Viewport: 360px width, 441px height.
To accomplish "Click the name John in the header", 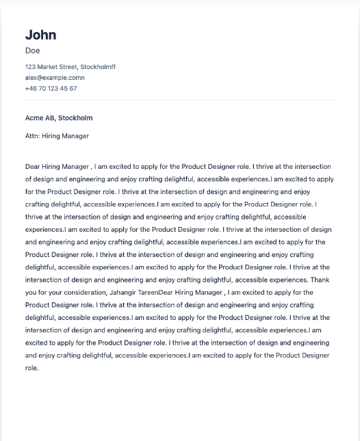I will [x=40, y=35].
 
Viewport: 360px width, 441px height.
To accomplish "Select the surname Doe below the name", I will [x=32, y=51].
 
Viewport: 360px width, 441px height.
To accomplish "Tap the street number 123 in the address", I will [x=30, y=67].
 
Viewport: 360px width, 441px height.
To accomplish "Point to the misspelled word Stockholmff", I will [x=98, y=67].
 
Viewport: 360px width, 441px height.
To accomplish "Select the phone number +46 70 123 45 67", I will [x=51, y=89].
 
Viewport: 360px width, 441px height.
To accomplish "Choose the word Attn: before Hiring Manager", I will [x=32, y=136].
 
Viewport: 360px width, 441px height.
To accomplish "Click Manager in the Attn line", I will [x=75, y=136].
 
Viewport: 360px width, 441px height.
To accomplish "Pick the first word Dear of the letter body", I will [x=33, y=166].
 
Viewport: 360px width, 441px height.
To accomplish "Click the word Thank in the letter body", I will [x=320, y=280].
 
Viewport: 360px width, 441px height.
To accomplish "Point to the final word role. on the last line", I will [x=32, y=369].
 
